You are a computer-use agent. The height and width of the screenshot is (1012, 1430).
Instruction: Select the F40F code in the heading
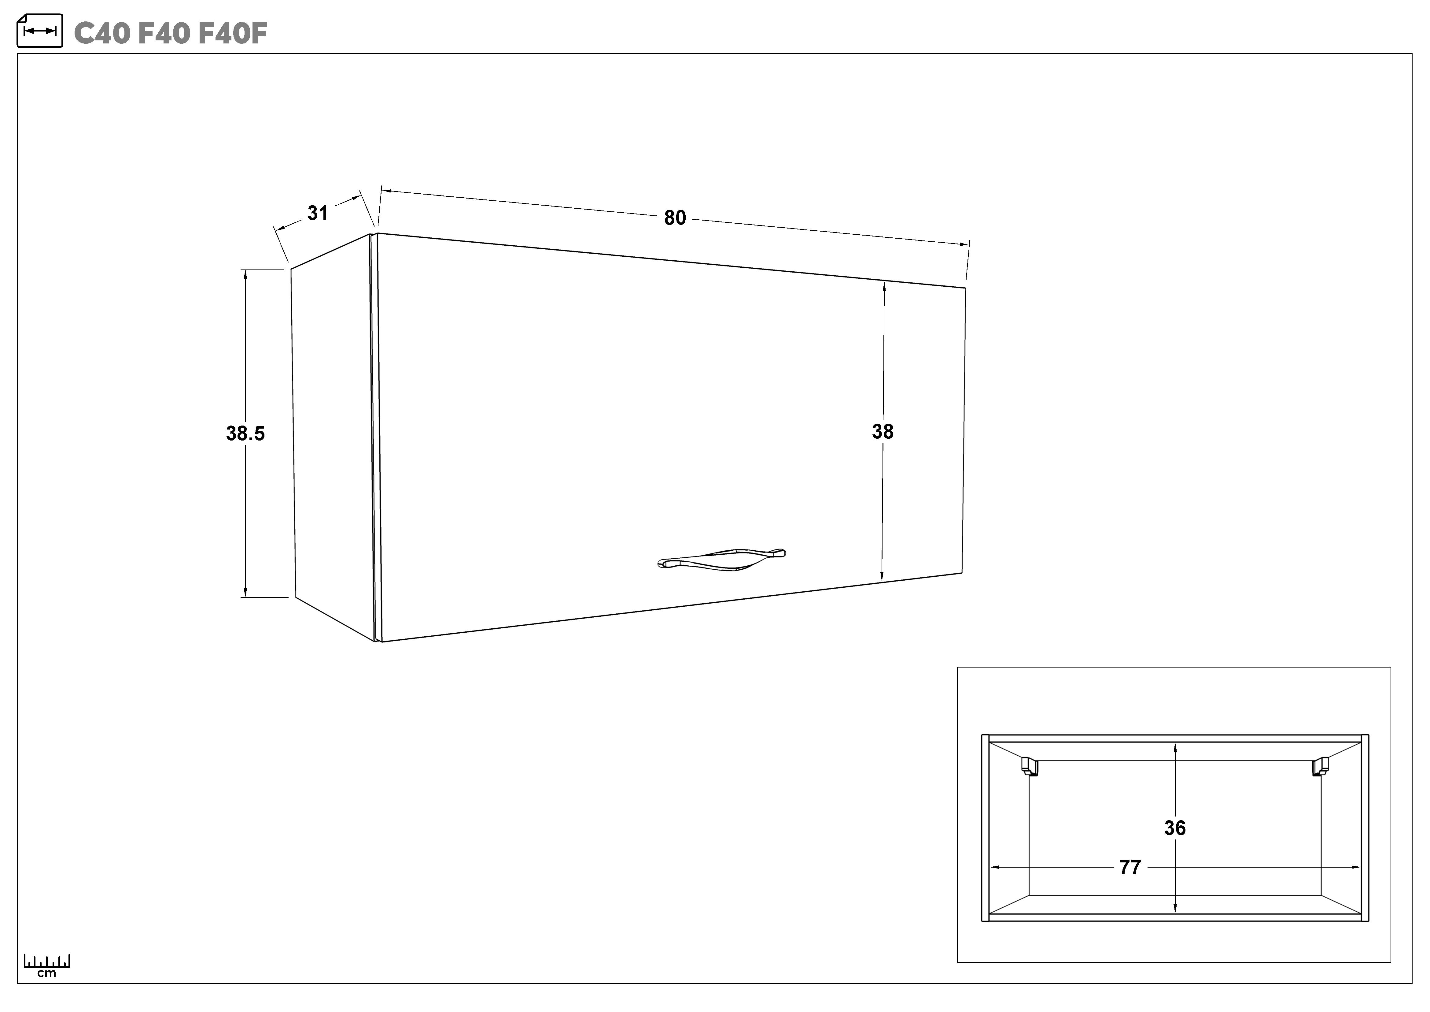pyautogui.click(x=232, y=34)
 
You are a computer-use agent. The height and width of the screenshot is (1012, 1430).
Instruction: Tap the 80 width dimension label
pyautogui.click(x=675, y=218)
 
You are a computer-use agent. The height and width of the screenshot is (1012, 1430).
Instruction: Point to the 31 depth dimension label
pyautogui.click(x=318, y=213)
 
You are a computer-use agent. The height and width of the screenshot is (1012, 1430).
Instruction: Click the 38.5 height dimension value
pyautogui.click(x=245, y=433)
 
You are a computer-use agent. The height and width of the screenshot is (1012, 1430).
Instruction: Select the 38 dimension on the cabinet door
pyautogui.click(x=883, y=431)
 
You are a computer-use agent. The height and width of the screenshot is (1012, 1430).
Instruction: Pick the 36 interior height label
pyautogui.click(x=1175, y=828)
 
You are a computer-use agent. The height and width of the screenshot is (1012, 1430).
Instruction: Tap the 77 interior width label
pyautogui.click(x=1130, y=867)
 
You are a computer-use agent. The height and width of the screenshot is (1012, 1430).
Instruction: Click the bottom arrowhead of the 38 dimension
pyautogui.click(x=882, y=576)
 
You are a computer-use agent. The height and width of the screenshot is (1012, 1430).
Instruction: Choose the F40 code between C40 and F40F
pyautogui.click(x=163, y=34)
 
